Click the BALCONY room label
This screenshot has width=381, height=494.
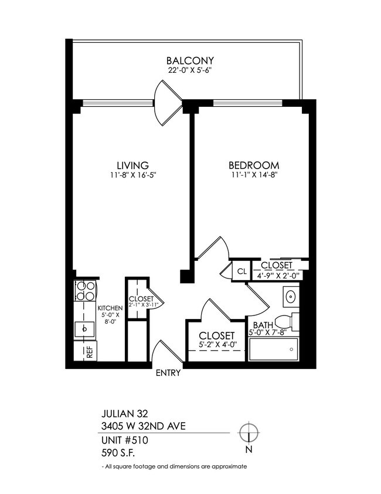pos(190,61)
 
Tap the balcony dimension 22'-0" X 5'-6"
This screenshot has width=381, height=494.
pos(190,70)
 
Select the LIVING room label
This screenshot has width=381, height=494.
pos(132,165)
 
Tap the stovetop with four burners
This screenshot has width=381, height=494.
pos(86,291)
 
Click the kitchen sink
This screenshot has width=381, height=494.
pos(86,328)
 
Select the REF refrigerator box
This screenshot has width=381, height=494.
pos(89,353)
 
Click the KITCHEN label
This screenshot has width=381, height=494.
pos(110,308)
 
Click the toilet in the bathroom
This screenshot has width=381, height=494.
pos(285,322)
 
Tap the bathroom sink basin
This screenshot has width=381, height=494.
pos(290,296)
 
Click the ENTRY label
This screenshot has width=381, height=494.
pos(168,373)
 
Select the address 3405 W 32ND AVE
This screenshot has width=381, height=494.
pos(144,425)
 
